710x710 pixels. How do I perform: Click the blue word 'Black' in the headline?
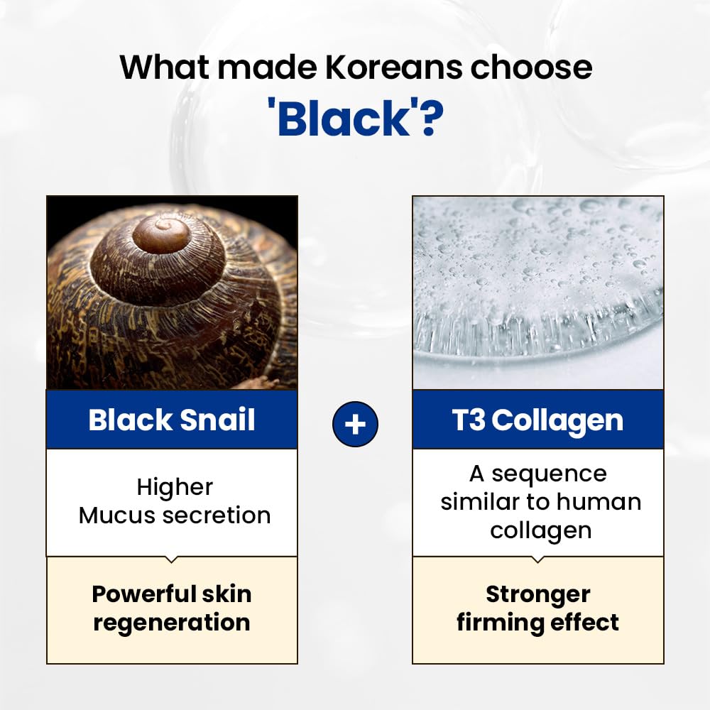(x=344, y=119)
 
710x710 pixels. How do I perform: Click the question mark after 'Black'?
(x=430, y=119)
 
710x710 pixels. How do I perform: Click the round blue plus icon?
(x=355, y=425)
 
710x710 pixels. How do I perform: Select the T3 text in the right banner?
(x=469, y=420)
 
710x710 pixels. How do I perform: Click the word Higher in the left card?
(x=175, y=487)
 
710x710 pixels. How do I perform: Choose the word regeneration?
(x=172, y=623)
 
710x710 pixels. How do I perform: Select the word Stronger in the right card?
(x=537, y=594)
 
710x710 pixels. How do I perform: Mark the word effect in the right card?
(x=587, y=623)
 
